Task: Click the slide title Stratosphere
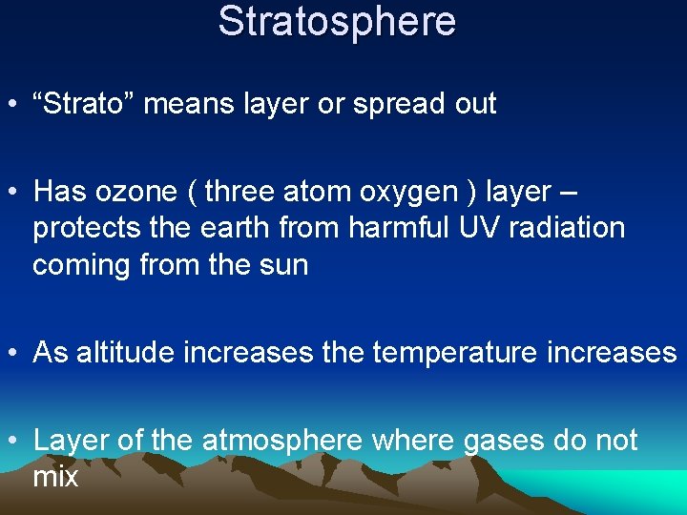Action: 337,21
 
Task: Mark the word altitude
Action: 126,353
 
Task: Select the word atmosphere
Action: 282,441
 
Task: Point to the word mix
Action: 55,476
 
